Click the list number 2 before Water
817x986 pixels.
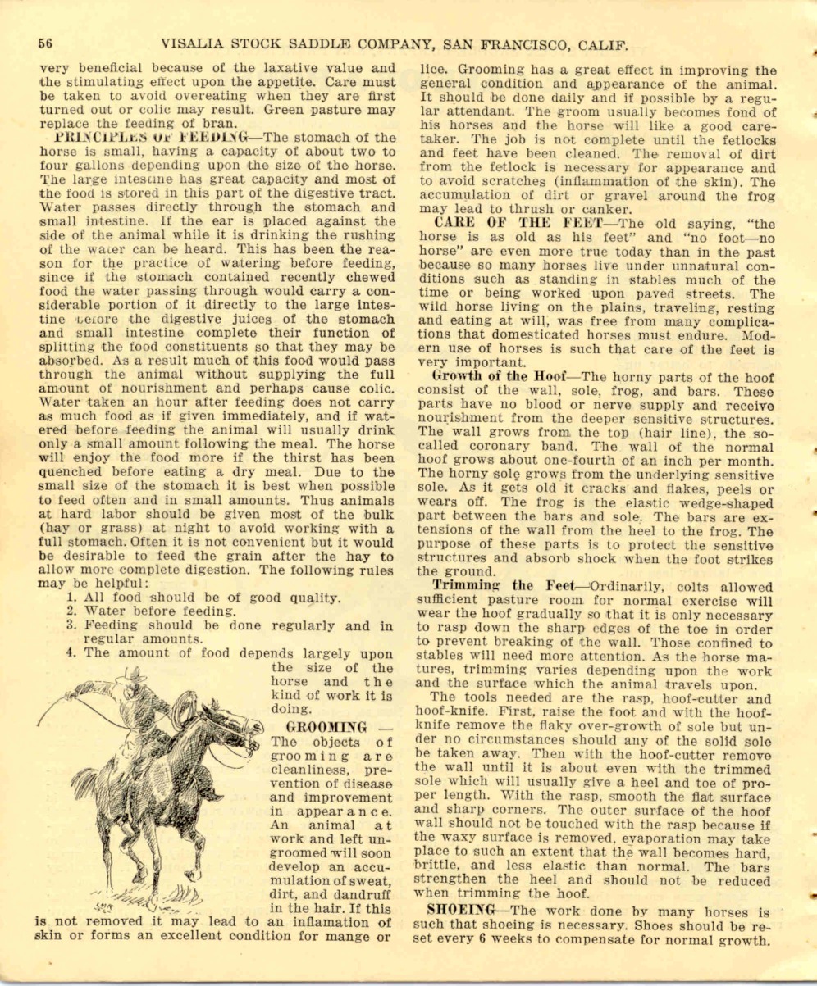[72, 610]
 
